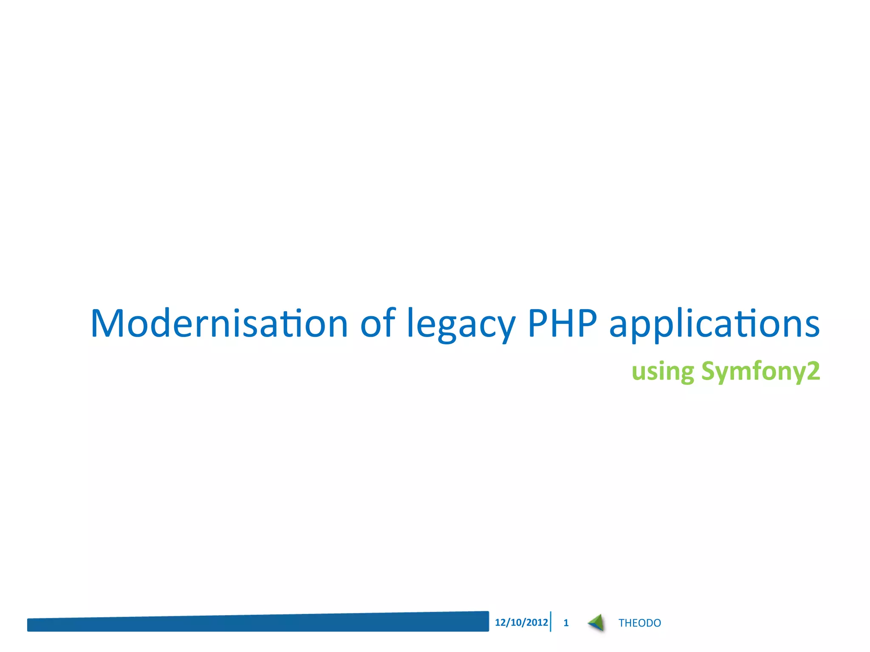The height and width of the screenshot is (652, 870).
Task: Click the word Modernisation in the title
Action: pyautogui.click(x=219, y=323)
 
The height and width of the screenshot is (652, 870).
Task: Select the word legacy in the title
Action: pyautogui.click(x=461, y=325)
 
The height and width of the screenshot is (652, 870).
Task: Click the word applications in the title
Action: pyautogui.click(x=714, y=325)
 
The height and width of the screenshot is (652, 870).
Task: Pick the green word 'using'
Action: pyautogui.click(x=663, y=372)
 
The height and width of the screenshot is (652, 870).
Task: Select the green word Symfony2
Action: pyautogui.click(x=760, y=372)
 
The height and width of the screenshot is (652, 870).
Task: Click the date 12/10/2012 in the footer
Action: pyautogui.click(x=521, y=622)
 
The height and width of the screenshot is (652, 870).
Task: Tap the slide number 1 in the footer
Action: pyautogui.click(x=566, y=623)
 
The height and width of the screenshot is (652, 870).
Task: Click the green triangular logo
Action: pyautogui.click(x=596, y=623)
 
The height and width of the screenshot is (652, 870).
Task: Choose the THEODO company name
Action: pyautogui.click(x=639, y=623)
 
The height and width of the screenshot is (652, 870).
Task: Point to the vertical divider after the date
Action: pyautogui.click(x=551, y=622)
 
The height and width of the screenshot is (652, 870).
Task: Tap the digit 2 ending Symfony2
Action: pyautogui.click(x=813, y=371)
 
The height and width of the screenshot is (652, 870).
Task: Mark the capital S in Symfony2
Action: pyautogui.click(x=709, y=371)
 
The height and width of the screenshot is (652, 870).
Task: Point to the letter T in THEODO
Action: pyautogui.click(x=621, y=623)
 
